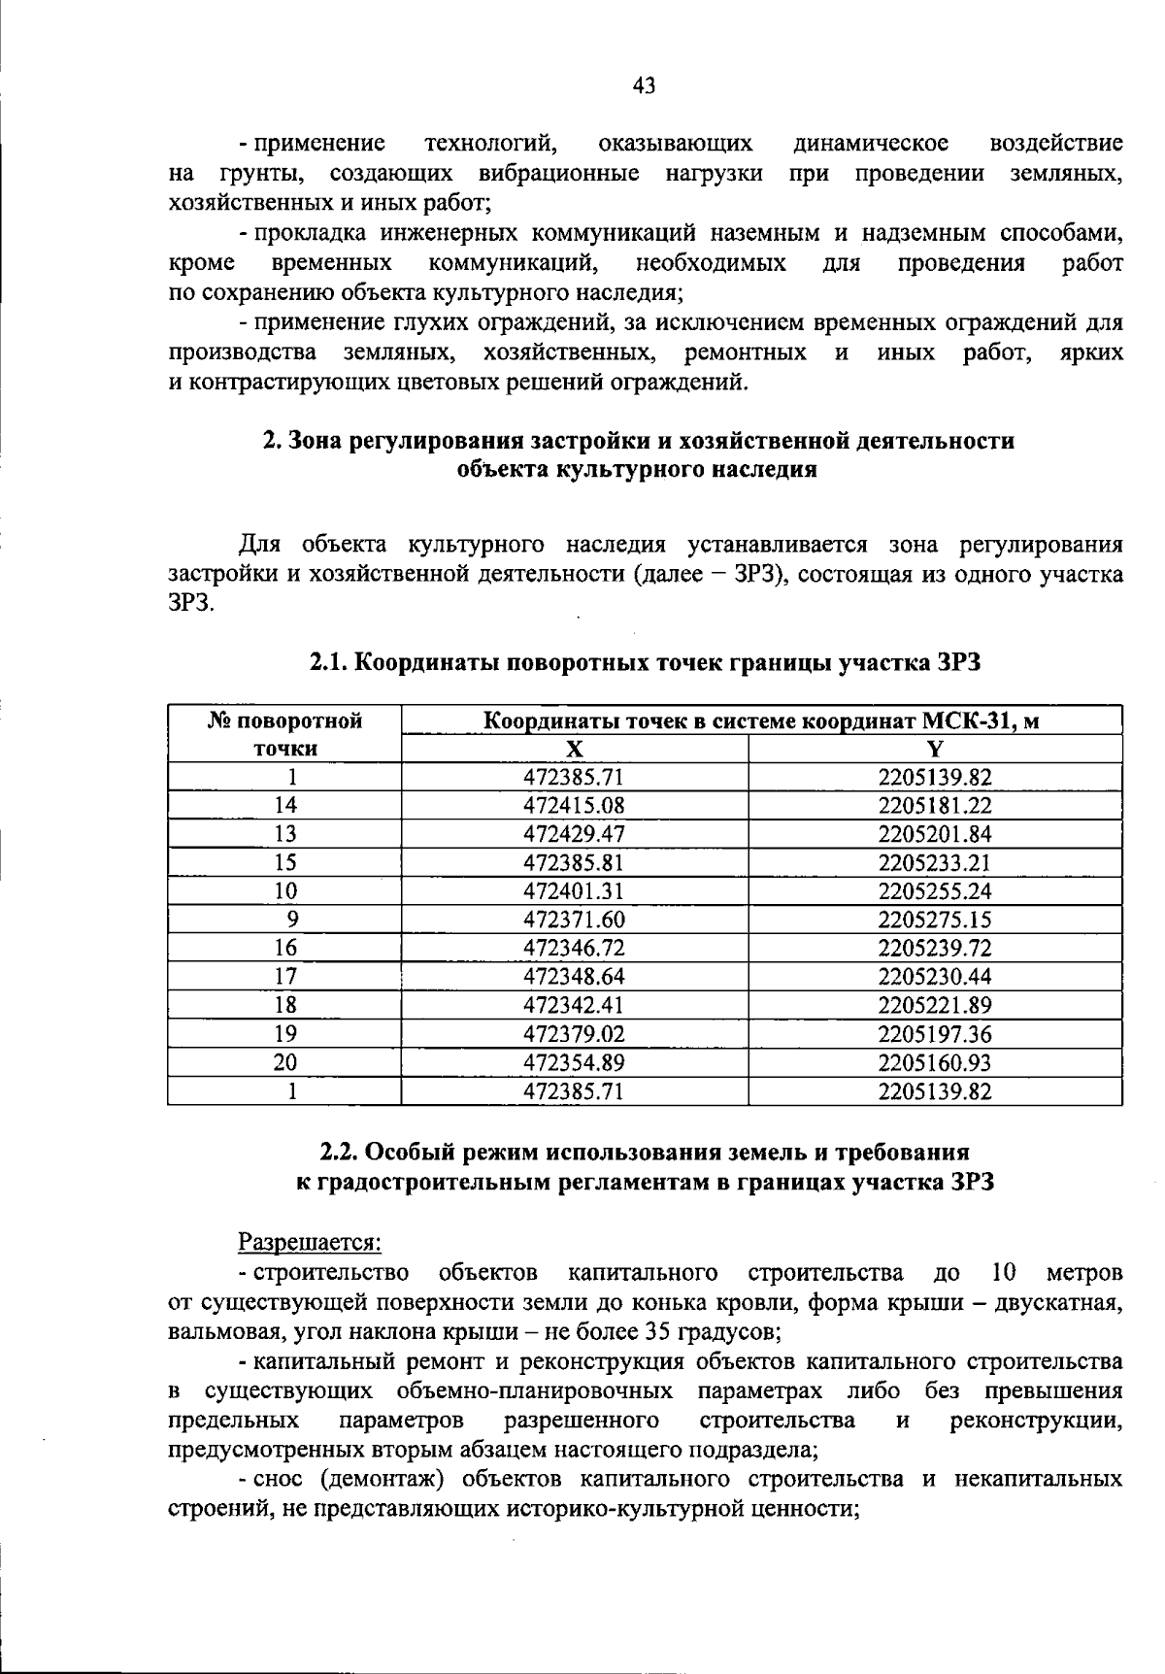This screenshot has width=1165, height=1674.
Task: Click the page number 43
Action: (644, 86)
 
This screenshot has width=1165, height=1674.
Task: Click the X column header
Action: (575, 749)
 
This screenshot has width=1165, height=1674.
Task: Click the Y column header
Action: (935, 749)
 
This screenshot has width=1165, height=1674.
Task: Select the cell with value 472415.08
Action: (575, 806)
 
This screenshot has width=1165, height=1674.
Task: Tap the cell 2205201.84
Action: (935, 834)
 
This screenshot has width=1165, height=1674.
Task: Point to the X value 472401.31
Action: (575, 891)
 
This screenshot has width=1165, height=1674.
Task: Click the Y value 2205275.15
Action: (935, 920)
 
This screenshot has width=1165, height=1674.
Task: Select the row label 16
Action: (285, 948)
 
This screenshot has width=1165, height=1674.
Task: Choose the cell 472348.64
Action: (575, 977)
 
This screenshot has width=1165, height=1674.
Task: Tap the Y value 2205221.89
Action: (935, 1005)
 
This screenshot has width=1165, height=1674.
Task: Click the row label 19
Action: (285, 1034)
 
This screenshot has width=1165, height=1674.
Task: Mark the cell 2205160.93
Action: (935, 1062)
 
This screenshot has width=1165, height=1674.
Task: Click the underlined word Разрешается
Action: (310, 1242)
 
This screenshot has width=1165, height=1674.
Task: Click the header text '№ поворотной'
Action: (285, 720)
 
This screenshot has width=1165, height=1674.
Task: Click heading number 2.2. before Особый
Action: (341, 1152)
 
